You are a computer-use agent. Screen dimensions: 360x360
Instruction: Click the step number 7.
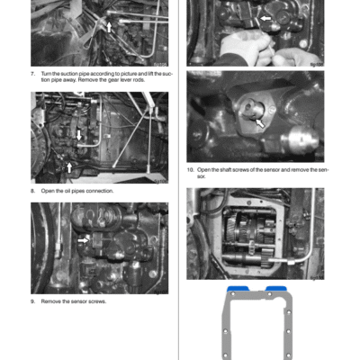tap(32, 73)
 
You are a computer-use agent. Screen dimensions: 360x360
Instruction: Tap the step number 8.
tap(32, 191)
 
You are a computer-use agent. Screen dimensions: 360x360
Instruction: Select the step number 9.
tap(32, 301)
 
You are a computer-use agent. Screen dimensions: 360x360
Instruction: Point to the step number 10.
tap(190, 169)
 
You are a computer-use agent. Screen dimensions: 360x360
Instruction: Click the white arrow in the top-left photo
tap(110, 27)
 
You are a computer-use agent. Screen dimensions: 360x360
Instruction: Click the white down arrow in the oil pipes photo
tap(79, 135)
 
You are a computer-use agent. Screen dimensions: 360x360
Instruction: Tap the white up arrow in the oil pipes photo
tap(70, 166)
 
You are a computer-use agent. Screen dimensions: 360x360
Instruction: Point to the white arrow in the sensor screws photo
tap(83, 240)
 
